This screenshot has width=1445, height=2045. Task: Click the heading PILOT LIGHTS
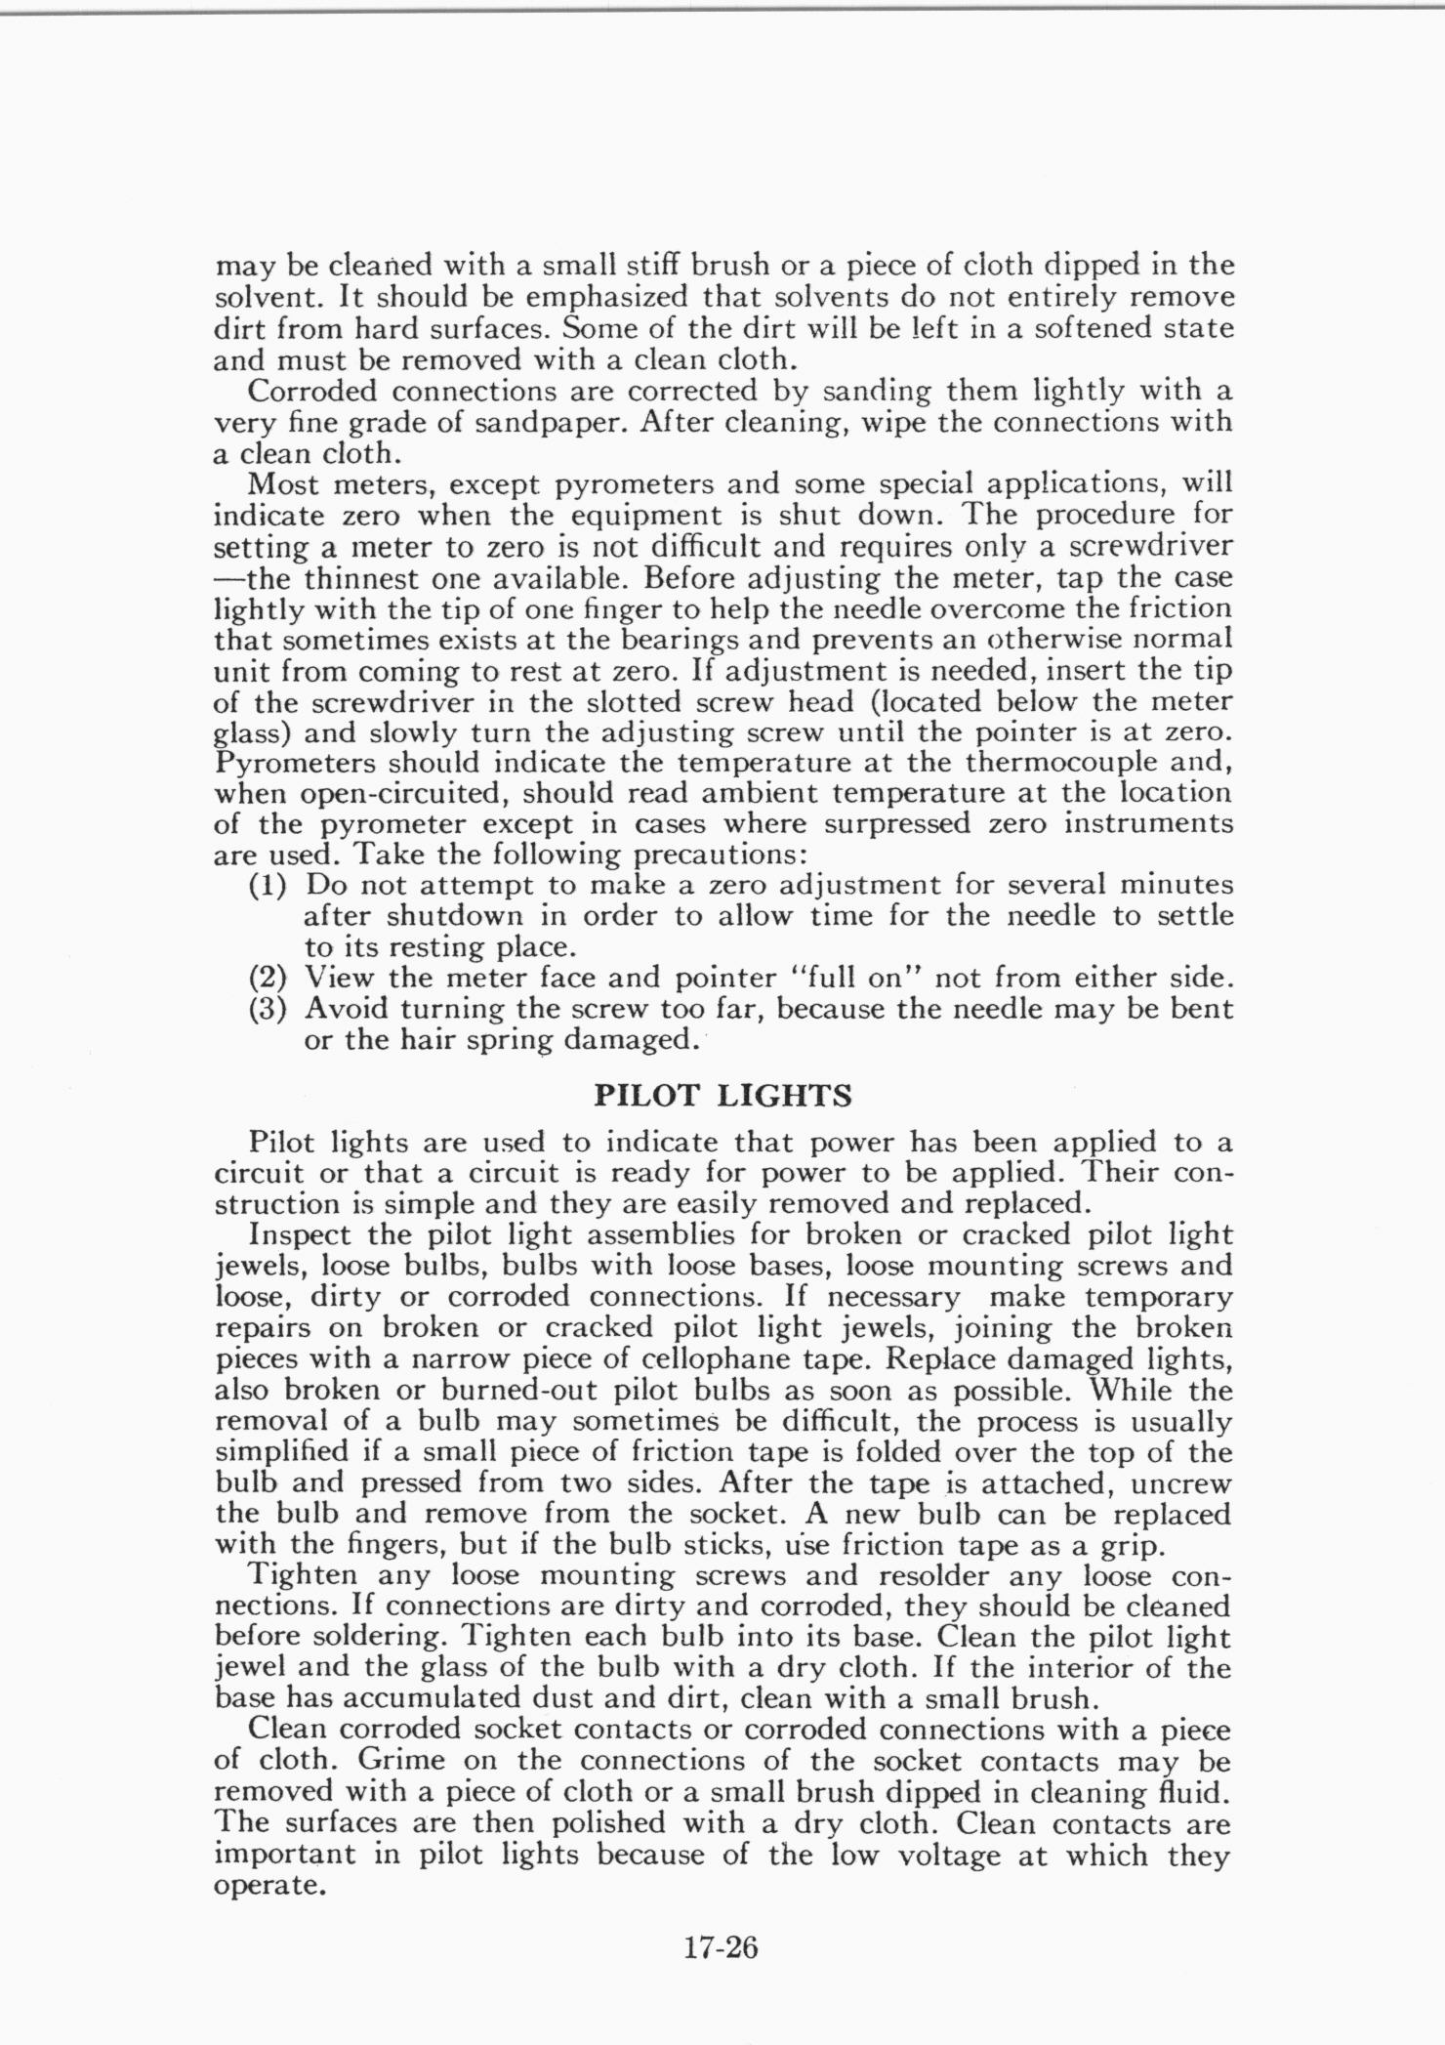(x=722, y=1096)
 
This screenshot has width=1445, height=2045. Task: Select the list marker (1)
(x=268, y=886)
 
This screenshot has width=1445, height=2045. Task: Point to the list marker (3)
(x=268, y=1009)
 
